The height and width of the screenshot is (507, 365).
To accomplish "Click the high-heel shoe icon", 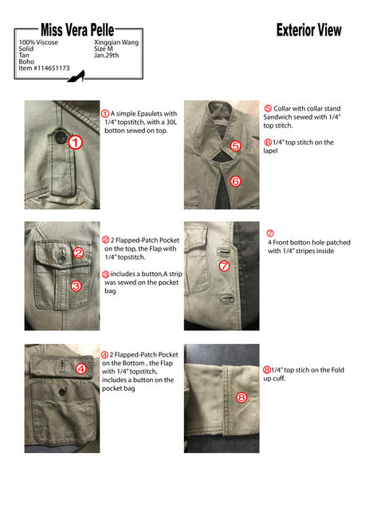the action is pos(77,76).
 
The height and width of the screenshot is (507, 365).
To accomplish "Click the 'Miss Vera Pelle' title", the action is pos(77,30).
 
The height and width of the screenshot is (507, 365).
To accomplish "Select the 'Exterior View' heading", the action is pos(308,30).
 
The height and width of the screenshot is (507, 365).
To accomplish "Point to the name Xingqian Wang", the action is pos(116,42).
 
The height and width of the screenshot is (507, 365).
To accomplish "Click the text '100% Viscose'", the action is pos(38,42).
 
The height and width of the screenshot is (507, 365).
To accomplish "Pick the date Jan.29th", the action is pos(106,55).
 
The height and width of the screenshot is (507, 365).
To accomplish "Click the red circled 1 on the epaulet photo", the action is pos(75,142).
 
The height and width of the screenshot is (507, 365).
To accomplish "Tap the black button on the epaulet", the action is pos(61,138).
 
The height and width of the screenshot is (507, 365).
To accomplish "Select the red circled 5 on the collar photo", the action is pos(235,146).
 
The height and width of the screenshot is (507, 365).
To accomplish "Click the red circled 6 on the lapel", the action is pos(235,181).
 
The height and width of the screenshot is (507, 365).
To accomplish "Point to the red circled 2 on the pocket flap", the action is pos(78,253).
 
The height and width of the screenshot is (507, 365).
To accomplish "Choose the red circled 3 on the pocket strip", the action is pos(76,286).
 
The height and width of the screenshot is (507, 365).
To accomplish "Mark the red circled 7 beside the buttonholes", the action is pos(224,266).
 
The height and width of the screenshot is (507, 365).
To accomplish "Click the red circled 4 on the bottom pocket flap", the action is pos(80,369).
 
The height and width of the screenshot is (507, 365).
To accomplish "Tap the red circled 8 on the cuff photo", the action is pos(241,397).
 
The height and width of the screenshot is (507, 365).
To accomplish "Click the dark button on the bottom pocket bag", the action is pos(62,392).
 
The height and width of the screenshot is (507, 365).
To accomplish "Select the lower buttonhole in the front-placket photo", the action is pos(226,298).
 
